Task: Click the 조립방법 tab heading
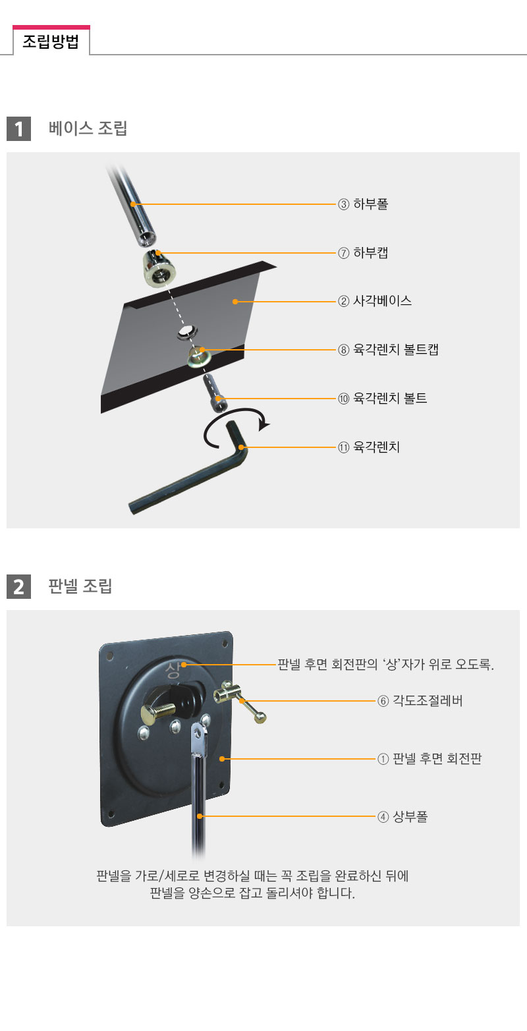(x=51, y=42)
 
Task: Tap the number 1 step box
(x=19, y=128)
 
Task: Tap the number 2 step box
(x=19, y=586)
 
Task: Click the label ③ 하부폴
(x=363, y=204)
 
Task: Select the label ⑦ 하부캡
(x=363, y=253)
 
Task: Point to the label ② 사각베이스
(x=375, y=301)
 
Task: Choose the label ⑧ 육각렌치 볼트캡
(x=388, y=350)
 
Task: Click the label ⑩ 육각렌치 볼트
(x=383, y=398)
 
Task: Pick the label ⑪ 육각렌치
(x=369, y=447)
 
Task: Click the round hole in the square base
(x=187, y=331)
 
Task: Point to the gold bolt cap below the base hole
(x=199, y=356)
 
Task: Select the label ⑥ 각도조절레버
(x=420, y=701)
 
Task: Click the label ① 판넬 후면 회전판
(x=430, y=759)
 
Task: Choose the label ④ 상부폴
(x=402, y=817)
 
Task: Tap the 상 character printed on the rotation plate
(x=173, y=670)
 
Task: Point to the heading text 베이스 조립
(x=88, y=128)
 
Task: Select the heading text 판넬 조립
(x=80, y=586)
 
